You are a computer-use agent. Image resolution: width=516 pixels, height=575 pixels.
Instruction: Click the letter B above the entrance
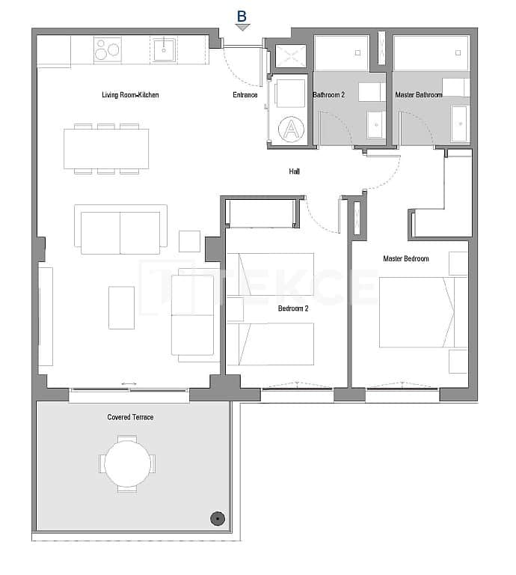point(242,15)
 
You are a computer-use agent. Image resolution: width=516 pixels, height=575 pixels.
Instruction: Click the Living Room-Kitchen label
point(130,95)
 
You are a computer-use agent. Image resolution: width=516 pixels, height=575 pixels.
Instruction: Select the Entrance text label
point(245,95)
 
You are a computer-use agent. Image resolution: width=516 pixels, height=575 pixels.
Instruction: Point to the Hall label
point(295,171)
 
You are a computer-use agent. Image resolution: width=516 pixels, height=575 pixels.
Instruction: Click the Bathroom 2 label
point(328,95)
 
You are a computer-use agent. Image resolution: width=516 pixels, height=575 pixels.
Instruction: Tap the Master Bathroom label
point(418,95)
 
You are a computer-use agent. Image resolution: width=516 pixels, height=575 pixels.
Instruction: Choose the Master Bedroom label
point(405,259)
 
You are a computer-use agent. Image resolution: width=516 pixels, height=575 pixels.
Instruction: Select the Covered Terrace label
point(130,417)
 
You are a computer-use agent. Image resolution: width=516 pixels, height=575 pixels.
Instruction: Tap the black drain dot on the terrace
point(217,517)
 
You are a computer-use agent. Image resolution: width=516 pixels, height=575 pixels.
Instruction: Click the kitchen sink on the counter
point(164,50)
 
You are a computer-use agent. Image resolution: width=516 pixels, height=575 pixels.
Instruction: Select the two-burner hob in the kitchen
point(108,50)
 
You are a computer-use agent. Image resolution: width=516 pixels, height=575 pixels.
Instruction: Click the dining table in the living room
point(106,149)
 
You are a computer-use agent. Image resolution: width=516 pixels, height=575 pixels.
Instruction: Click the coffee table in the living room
point(121,307)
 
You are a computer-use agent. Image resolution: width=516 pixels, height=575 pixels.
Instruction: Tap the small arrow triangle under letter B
point(242,28)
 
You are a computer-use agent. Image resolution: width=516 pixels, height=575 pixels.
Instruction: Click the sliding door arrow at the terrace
point(129,384)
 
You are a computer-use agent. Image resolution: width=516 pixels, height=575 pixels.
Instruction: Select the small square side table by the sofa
point(189,241)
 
